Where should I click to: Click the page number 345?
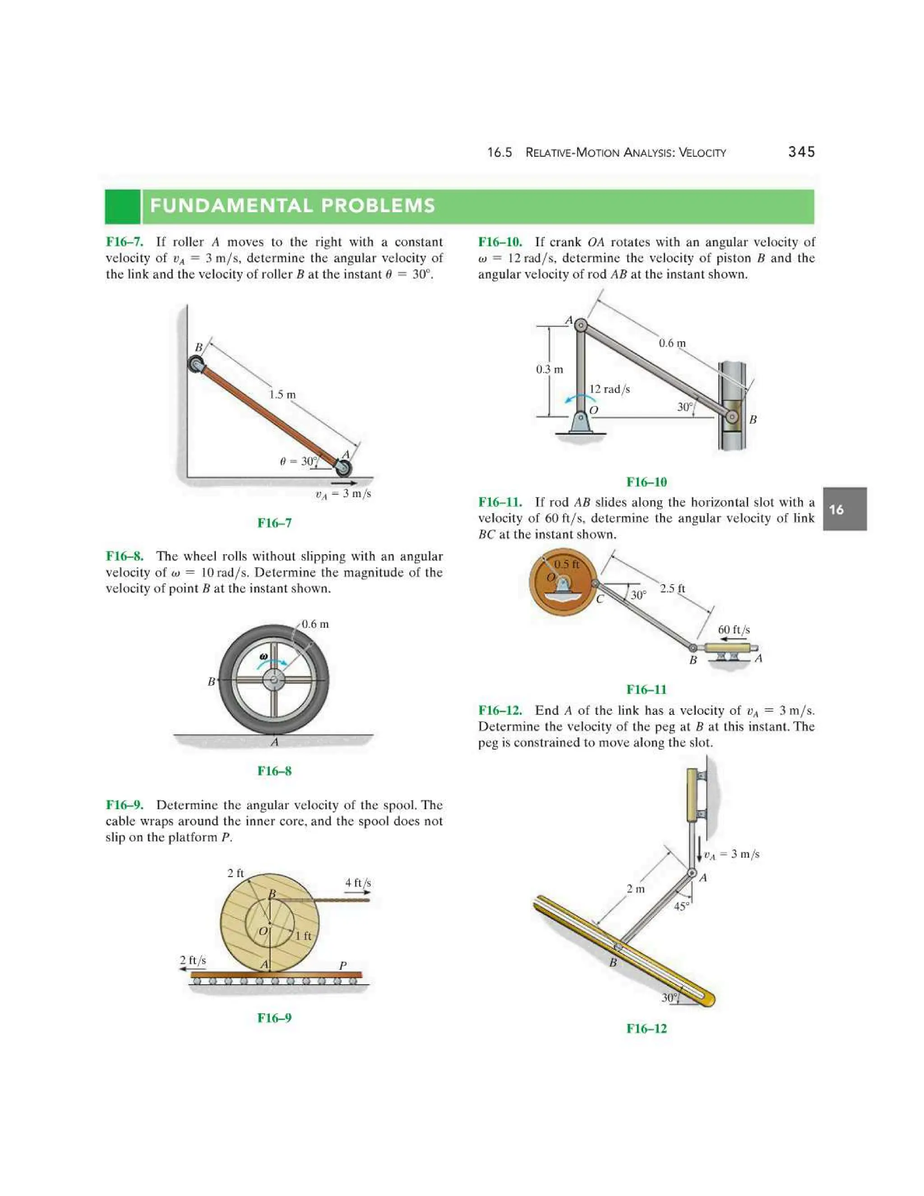click(801, 152)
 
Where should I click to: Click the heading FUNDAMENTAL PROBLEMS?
click(293, 206)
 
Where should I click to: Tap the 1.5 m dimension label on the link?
click(282, 394)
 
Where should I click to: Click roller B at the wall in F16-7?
click(195, 364)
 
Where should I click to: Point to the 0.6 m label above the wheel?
click(315, 624)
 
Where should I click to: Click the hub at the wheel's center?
click(274, 681)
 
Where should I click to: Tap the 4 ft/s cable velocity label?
click(358, 883)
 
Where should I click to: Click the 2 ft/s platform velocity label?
click(193, 960)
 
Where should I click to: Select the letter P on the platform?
click(343, 966)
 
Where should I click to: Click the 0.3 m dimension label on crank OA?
click(550, 369)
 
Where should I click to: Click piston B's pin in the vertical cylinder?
click(732, 417)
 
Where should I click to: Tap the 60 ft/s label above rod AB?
click(734, 630)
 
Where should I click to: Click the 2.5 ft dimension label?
click(672, 589)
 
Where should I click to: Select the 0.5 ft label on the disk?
click(567, 564)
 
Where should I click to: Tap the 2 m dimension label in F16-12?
click(636, 889)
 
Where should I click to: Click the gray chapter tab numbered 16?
click(844, 509)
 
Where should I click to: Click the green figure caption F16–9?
click(274, 1018)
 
